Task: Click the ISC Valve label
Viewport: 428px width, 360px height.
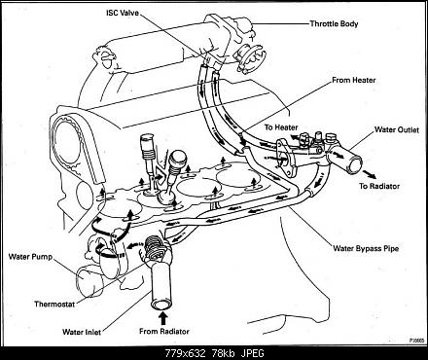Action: (x=123, y=13)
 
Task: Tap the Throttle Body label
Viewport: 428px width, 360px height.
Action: (x=334, y=23)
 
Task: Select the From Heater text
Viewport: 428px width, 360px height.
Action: (x=353, y=80)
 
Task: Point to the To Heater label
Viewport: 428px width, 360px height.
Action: (x=281, y=127)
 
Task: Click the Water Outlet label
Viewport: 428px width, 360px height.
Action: (x=397, y=129)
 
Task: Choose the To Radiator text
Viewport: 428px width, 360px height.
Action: (x=379, y=186)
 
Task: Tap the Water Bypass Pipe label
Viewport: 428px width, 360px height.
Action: (x=366, y=249)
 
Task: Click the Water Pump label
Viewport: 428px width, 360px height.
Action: (x=30, y=257)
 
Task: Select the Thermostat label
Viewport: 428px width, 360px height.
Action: (x=54, y=305)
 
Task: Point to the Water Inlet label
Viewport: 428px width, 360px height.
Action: (x=82, y=332)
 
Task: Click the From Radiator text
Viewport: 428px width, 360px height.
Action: (x=164, y=331)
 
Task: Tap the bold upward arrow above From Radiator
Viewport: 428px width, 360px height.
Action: (x=163, y=318)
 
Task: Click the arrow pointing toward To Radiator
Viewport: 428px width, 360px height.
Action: (x=370, y=174)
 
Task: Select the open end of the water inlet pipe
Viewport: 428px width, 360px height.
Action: (x=161, y=306)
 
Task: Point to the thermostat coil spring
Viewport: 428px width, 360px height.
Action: (x=153, y=246)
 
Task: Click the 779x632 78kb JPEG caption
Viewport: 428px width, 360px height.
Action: (x=215, y=353)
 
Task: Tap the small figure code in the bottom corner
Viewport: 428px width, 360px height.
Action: (x=416, y=341)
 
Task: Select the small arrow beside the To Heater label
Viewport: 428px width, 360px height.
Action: (x=295, y=136)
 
